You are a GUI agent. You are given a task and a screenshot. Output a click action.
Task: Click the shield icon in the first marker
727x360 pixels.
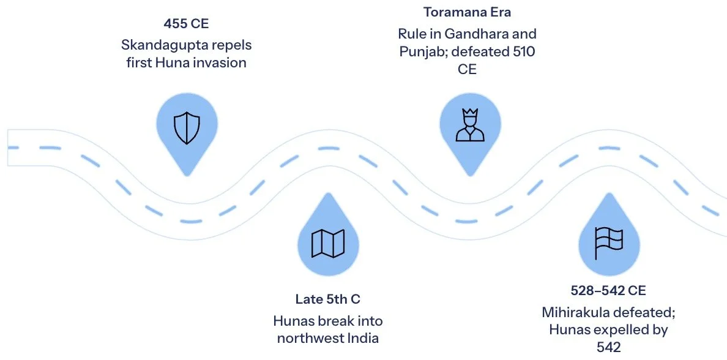click(187, 128)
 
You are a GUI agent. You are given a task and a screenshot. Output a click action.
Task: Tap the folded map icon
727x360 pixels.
click(329, 243)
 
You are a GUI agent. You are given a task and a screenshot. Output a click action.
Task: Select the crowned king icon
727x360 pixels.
click(469, 126)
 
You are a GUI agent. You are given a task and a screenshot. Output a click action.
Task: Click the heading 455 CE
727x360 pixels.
click(186, 24)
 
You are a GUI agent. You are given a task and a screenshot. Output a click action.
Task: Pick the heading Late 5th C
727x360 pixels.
click(328, 299)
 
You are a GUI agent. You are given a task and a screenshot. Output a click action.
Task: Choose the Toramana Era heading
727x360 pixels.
click(468, 12)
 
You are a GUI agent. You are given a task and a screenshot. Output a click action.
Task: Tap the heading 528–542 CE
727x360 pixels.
click(608, 290)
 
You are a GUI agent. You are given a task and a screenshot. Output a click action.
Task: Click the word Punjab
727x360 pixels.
click(419, 52)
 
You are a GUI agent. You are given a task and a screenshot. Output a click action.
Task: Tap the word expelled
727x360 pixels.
click(613, 329)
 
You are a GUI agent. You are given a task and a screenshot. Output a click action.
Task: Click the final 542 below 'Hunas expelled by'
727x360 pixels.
click(608, 347)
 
